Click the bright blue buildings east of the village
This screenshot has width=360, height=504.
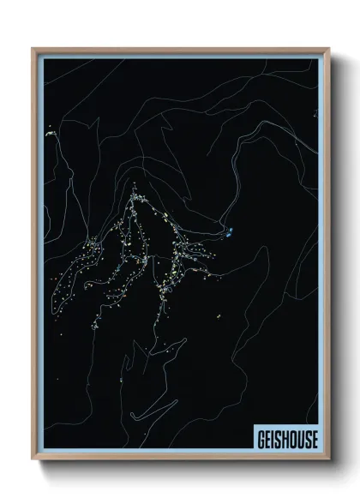[x=231, y=230]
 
